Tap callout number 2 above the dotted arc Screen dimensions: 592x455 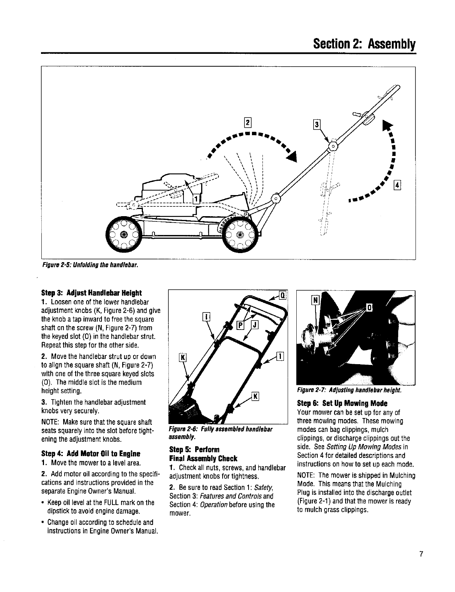(x=247, y=122)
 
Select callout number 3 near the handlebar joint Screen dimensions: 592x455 (x=317, y=125)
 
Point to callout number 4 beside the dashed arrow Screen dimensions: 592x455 (x=397, y=185)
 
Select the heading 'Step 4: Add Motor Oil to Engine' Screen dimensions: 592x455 (x=90, y=453)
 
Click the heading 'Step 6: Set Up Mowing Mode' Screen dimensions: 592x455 (x=337, y=403)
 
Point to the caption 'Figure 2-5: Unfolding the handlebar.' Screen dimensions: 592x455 (x=89, y=264)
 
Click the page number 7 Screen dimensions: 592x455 (x=421, y=554)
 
